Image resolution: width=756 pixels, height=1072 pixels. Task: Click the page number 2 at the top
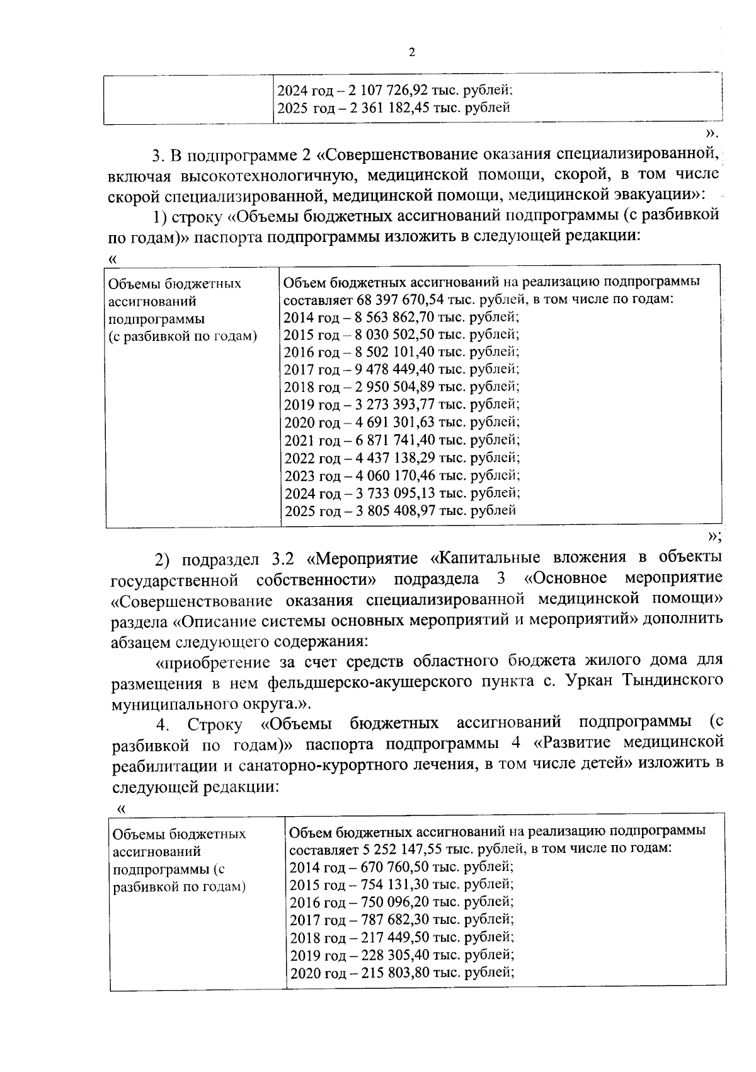pos(412,53)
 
